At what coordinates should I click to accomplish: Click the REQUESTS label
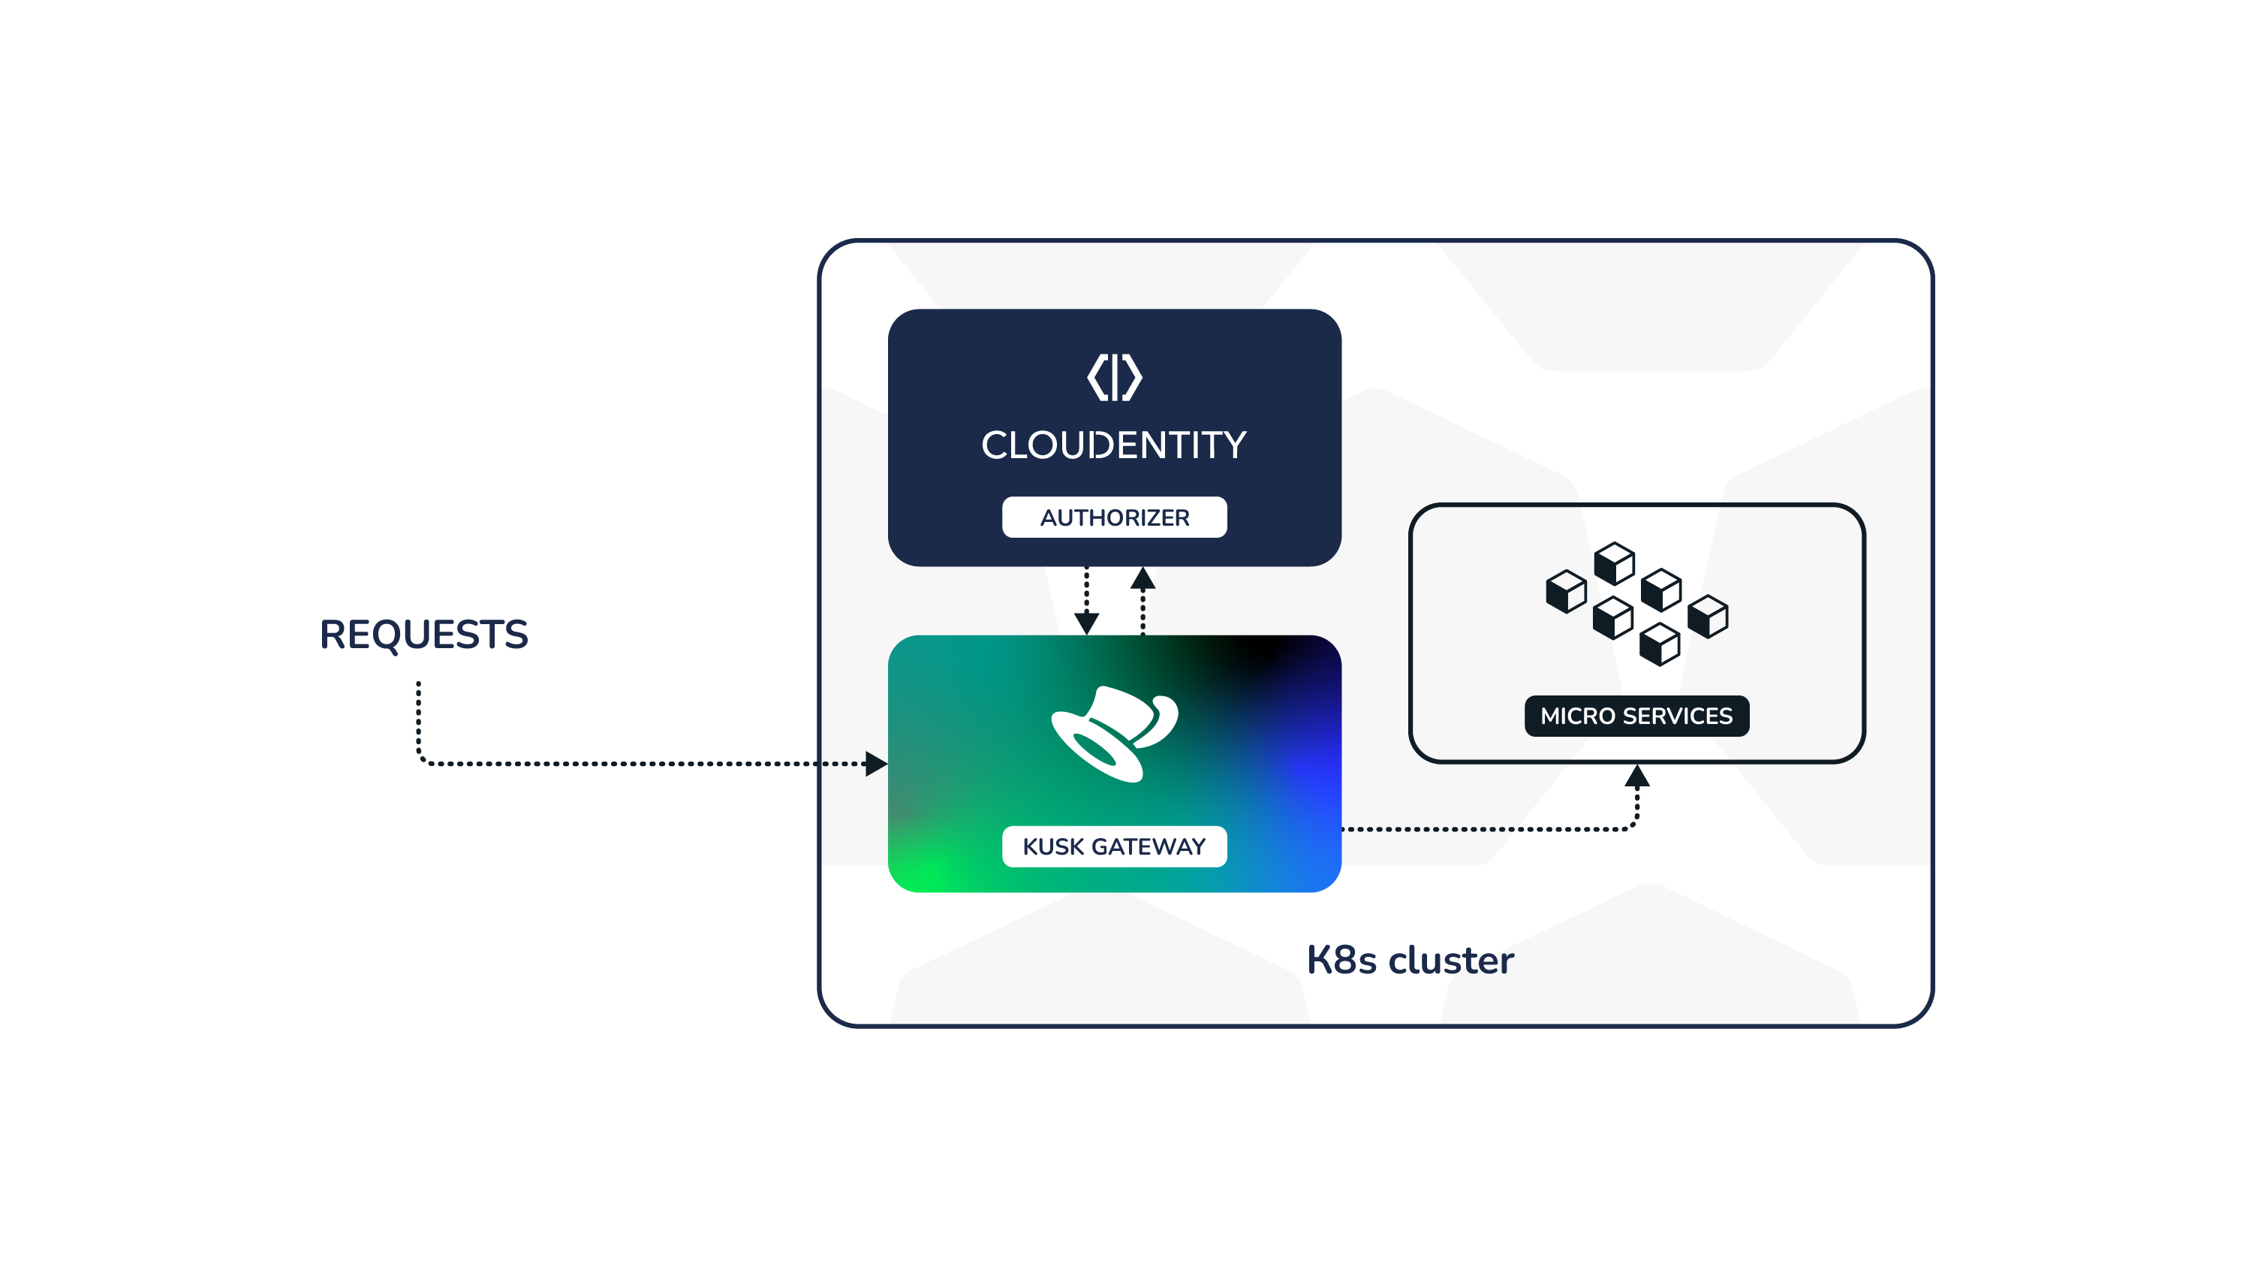423,635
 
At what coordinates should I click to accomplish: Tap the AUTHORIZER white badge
1114,517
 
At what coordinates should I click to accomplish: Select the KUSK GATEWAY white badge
1114,846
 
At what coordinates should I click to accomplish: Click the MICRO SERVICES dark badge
1636,716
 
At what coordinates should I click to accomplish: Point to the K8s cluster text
1409,960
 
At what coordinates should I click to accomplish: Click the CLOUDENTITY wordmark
1114,445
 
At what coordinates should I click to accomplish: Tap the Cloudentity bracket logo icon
1114,378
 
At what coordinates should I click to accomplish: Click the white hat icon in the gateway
1114,733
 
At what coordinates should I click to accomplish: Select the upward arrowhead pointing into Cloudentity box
1143,579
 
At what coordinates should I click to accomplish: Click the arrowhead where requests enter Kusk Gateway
876,763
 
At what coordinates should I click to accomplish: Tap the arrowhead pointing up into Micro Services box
1636,777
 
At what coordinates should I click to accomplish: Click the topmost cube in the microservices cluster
1614,563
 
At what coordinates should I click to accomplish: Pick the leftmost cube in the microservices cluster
1566,591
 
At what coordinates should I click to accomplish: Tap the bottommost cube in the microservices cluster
1659,644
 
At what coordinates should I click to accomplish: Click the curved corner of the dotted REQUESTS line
422,759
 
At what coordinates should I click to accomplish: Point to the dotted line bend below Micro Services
1633,825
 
